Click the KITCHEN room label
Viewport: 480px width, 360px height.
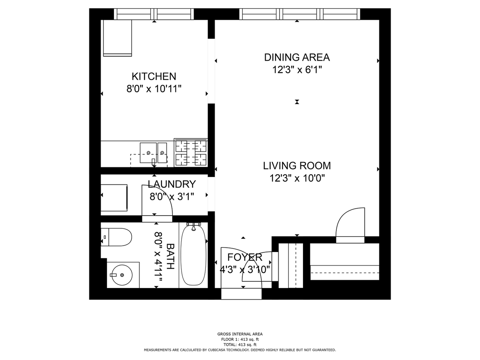154,76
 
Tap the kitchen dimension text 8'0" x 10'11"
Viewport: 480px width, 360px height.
154,89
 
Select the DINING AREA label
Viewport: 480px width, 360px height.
297,57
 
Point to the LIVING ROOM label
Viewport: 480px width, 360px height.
297,165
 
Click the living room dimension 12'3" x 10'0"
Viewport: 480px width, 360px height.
297,178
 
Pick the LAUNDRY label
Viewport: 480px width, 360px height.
172,184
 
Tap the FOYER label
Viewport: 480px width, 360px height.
245,257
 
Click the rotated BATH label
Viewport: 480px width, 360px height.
170,256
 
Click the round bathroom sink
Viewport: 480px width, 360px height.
123,275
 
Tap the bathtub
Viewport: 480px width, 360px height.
193,255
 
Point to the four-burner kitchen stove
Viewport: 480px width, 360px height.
191,153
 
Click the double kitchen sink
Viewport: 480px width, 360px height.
153,153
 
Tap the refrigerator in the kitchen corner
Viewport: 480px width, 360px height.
117,38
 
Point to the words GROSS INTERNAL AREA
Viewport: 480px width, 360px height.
240,334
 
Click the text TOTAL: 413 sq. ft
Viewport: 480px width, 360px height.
240,344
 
